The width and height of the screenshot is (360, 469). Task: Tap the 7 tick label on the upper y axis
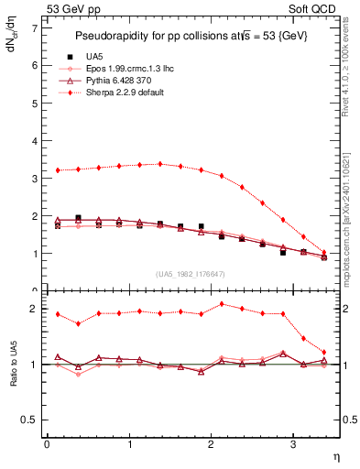(35, 28)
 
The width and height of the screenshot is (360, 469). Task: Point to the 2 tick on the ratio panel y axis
(35, 309)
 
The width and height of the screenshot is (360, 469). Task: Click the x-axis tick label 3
(292, 444)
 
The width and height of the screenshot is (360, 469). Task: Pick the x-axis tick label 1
(129, 444)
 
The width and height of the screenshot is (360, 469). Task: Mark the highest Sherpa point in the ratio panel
(222, 303)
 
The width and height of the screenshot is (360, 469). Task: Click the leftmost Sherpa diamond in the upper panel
(58, 170)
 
